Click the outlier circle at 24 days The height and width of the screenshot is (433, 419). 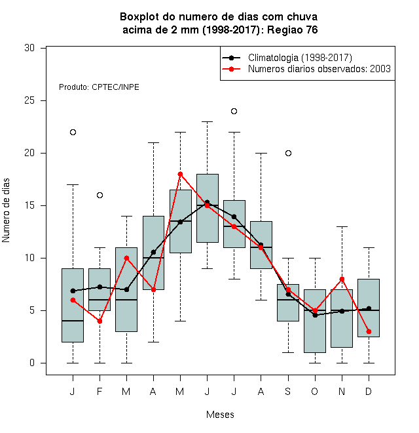[x=234, y=112]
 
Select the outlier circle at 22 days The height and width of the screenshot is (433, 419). [x=73, y=133]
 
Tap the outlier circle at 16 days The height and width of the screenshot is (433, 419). [x=100, y=196]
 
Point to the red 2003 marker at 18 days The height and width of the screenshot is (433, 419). [x=180, y=175]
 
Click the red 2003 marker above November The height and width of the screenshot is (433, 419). [x=342, y=279]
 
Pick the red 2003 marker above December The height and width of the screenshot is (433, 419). [x=369, y=332]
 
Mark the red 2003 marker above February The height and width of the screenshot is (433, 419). [x=100, y=321]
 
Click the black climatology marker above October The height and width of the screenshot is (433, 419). [x=315, y=315]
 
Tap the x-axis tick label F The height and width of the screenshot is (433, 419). [x=100, y=391]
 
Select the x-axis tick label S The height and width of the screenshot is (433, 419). [x=288, y=391]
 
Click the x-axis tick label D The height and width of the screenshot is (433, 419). [x=369, y=391]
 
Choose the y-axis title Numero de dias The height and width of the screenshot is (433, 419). [x=6, y=211]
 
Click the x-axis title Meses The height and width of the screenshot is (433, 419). [x=220, y=415]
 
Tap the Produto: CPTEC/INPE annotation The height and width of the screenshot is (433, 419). [x=99, y=87]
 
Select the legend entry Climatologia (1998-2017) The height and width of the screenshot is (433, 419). [x=300, y=58]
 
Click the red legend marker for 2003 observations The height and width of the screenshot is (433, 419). [x=232, y=69]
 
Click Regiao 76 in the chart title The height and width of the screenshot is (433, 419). [x=293, y=30]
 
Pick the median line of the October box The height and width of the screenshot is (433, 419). [x=315, y=310]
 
